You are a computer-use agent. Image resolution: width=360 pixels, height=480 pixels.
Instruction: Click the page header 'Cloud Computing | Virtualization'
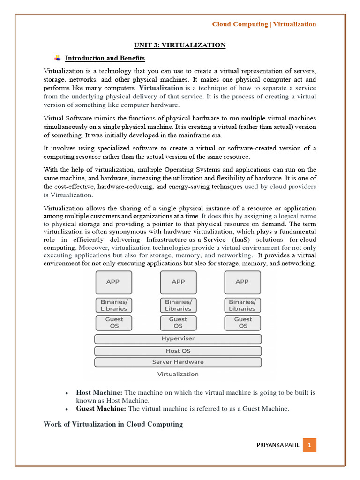click(264, 24)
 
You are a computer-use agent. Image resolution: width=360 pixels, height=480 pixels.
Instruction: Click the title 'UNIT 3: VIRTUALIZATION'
click(180, 45)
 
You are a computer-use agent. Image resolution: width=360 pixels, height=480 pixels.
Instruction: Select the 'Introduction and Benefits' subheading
click(105, 59)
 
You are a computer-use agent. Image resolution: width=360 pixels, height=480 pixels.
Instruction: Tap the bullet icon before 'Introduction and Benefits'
click(58, 58)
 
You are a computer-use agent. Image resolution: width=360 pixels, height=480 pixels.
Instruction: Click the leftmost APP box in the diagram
click(113, 282)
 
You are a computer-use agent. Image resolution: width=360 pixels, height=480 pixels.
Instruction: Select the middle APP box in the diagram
click(178, 282)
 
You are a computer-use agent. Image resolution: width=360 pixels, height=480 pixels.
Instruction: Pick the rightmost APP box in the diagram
click(242, 282)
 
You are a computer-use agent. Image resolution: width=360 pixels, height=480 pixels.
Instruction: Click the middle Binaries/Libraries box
click(178, 306)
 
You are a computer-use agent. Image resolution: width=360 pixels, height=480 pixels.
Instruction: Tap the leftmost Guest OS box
click(113, 322)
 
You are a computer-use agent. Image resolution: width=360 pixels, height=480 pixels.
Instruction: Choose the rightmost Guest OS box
click(242, 322)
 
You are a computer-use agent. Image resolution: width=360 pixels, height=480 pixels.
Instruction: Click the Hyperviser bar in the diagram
click(178, 339)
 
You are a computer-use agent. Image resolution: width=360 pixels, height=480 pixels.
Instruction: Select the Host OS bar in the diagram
click(178, 351)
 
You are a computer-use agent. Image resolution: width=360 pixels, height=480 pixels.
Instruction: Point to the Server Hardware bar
click(178, 362)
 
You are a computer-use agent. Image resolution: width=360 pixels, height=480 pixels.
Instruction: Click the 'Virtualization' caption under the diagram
click(178, 374)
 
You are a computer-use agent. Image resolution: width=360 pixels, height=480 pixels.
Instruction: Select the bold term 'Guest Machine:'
click(101, 409)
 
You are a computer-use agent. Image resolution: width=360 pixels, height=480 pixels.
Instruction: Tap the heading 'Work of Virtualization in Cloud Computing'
click(113, 424)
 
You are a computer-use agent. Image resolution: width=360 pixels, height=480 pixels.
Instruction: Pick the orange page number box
click(309, 445)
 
